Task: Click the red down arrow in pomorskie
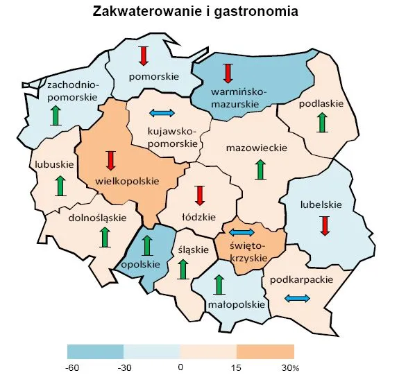pyautogui.click(x=144, y=55)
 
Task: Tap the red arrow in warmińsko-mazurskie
pyautogui.click(x=228, y=73)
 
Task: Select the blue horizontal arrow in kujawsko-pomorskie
pyautogui.click(x=162, y=113)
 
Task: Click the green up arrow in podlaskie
pyautogui.click(x=321, y=123)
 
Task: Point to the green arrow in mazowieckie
pyautogui.click(x=260, y=169)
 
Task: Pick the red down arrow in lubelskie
pyautogui.click(x=324, y=225)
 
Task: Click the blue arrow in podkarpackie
pyautogui.click(x=298, y=298)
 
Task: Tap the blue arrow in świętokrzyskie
pyautogui.click(x=242, y=232)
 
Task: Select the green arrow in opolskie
pyautogui.click(x=146, y=245)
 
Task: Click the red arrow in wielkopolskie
pyautogui.click(x=110, y=160)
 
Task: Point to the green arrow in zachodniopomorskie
pyautogui.click(x=56, y=115)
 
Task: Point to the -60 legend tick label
pyautogui.click(x=71, y=366)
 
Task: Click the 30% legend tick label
pyautogui.click(x=291, y=366)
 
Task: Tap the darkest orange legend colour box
pyautogui.click(x=265, y=351)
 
